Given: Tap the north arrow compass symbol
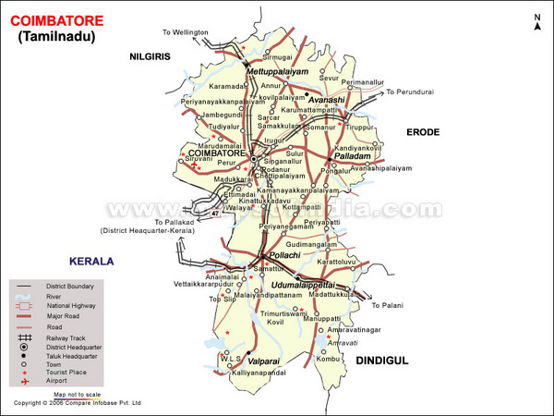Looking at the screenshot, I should [536, 23].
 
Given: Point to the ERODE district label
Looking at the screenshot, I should [428, 133].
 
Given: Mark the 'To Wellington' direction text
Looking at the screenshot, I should [186, 31].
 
